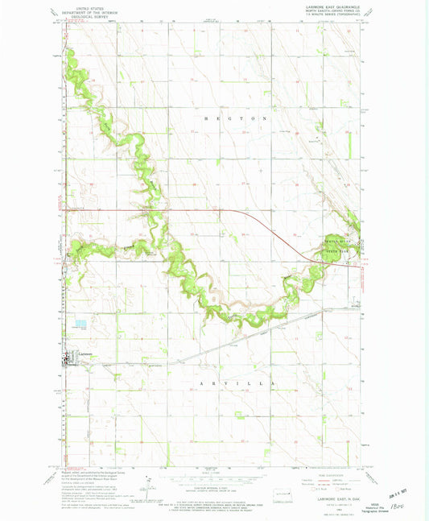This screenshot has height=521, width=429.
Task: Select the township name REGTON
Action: (x=218, y=118)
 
